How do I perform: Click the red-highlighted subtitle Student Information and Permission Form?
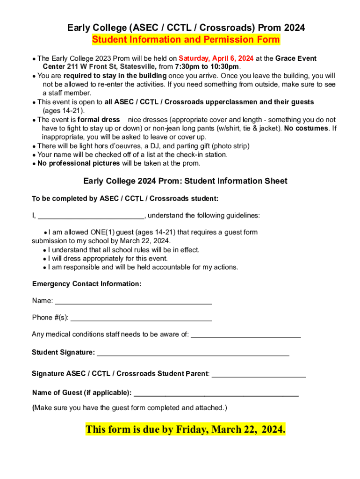pos(186,40)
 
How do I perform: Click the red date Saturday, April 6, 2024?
pos(216,58)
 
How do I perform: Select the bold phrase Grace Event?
pos(296,58)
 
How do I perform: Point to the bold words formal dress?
pos(99,120)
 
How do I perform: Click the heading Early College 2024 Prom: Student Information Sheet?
pos(185,181)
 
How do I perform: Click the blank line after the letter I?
pos(91,216)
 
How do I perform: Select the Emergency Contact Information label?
pos(86,284)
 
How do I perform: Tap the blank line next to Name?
pos(133,301)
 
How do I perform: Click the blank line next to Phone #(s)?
pos(141,318)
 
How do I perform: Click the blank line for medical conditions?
pos(246,334)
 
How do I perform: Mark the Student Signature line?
pos(193,353)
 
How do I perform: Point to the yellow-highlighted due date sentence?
pos(185,429)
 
